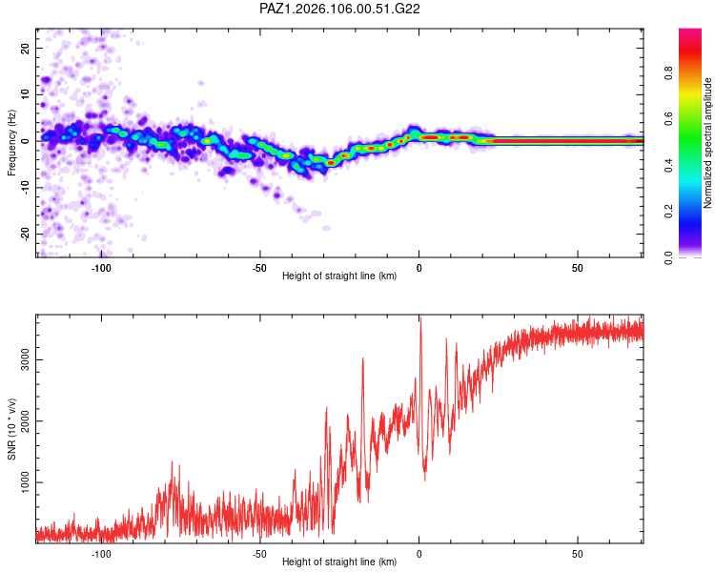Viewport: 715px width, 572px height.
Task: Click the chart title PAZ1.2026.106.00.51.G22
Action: pyautogui.click(x=339, y=9)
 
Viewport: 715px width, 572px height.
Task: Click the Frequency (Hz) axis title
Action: pyautogui.click(x=11, y=143)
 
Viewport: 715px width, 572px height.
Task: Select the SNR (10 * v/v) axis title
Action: pyautogui.click(x=11, y=429)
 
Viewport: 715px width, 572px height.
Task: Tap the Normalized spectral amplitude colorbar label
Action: pyautogui.click(x=707, y=143)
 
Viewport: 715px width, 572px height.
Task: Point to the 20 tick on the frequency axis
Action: pyautogui.click(x=26, y=48)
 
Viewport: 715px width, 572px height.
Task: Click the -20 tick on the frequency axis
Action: pyautogui.click(x=26, y=234)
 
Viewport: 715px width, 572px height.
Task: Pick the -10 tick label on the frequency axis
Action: pyautogui.click(x=26, y=188)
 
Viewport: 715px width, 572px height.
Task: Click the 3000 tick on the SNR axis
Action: pyautogui.click(x=26, y=359)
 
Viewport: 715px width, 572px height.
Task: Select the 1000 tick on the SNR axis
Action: pyautogui.click(x=26, y=482)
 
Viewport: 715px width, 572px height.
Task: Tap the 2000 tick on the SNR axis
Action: pyautogui.click(x=26, y=421)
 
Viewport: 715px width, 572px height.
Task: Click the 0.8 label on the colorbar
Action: pyautogui.click(x=668, y=72)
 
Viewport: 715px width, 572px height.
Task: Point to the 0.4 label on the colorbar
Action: pyautogui.click(x=668, y=165)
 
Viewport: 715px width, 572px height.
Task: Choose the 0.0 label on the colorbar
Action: pyautogui.click(x=668, y=257)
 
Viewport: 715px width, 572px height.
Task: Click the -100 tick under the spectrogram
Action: pyautogui.click(x=101, y=268)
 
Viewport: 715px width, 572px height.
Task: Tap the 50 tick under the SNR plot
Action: pyautogui.click(x=578, y=554)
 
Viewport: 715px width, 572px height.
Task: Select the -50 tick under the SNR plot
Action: pyautogui.click(x=259, y=554)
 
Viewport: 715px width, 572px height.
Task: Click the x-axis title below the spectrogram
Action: pyautogui.click(x=339, y=276)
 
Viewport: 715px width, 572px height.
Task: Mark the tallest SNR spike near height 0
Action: pyautogui.click(x=420, y=317)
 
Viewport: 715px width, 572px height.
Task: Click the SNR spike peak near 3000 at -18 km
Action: pyautogui.click(x=363, y=358)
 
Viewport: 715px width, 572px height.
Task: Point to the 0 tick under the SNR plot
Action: pyautogui.click(x=419, y=554)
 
